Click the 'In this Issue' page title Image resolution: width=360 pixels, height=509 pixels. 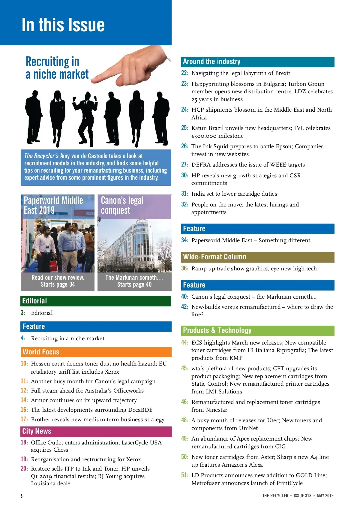(x=63, y=25)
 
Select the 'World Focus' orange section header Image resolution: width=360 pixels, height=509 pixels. (x=41, y=352)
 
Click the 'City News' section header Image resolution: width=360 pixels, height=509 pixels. (x=37, y=431)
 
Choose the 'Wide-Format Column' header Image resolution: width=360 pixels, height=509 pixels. (x=214, y=257)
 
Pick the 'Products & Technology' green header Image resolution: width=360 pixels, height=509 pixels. (x=217, y=330)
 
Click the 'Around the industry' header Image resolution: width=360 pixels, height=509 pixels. (x=211, y=62)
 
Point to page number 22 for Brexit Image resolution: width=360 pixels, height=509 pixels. (x=184, y=73)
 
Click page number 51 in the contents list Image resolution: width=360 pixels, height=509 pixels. (x=184, y=475)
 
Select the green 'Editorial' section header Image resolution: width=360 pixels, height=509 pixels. (x=34, y=301)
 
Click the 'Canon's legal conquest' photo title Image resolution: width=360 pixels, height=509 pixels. (x=122, y=205)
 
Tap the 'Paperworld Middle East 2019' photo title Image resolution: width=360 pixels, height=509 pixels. (x=53, y=205)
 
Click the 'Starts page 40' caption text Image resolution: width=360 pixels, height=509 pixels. (x=134, y=285)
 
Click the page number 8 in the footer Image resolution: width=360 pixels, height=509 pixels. (x=22, y=496)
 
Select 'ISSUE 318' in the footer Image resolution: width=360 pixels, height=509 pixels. (x=302, y=496)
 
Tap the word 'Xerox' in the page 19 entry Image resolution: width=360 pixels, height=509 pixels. (x=133, y=459)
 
